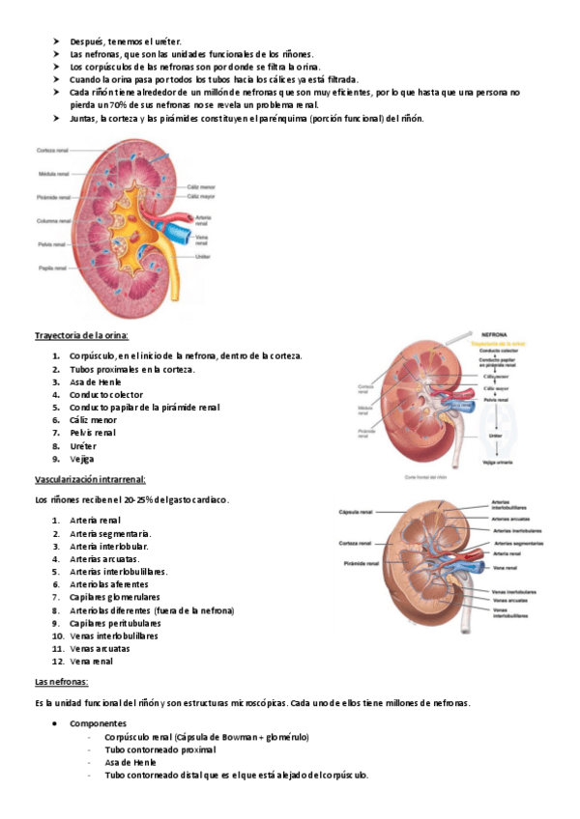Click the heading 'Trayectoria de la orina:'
tap(82, 335)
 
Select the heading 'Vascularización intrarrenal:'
tap(90, 479)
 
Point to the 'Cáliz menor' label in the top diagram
tap(200, 186)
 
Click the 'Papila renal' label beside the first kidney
tap(52, 267)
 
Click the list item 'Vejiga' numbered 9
tap(81, 459)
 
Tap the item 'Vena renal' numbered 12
tap(91, 662)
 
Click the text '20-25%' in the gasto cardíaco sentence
tap(138, 500)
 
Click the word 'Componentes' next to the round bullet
tap(99, 722)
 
